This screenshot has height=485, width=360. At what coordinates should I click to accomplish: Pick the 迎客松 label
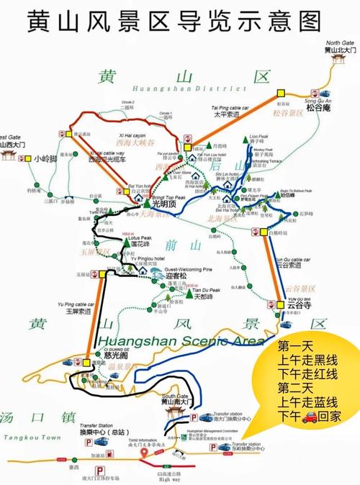176,276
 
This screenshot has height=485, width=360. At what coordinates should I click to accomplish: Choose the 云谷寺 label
289,305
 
